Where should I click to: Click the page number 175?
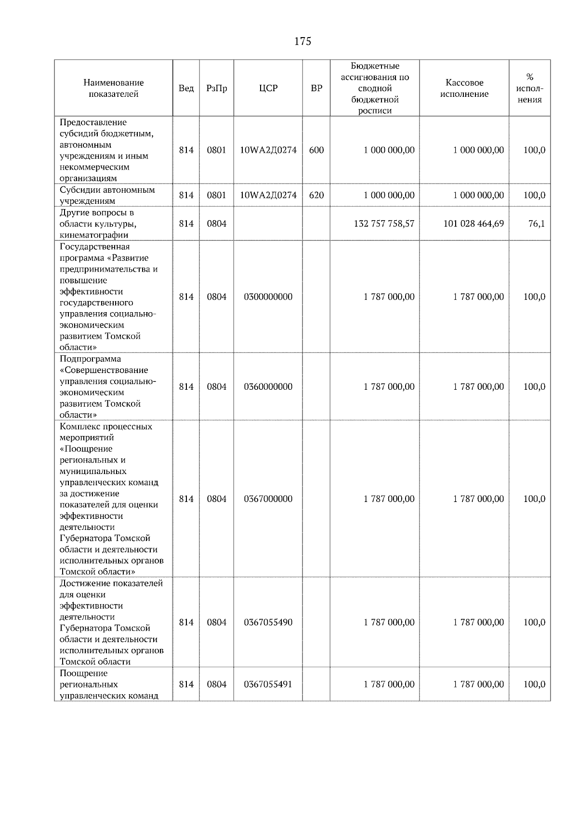(302, 41)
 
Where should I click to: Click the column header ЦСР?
(268, 88)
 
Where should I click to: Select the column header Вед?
(186, 88)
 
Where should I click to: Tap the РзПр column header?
(216, 88)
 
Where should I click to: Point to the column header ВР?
(316, 88)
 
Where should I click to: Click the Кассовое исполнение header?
(464, 88)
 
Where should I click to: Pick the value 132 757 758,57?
(384, 224)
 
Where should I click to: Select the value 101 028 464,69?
(473, 224)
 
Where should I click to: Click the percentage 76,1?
(536, 224)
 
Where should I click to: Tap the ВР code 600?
(316, 150)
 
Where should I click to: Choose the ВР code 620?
(316, 195)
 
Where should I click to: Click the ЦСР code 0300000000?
(268, 297)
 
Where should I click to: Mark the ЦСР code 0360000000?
(268, 386)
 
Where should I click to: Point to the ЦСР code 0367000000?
(268, 499)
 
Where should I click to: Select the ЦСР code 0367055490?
(268, 622)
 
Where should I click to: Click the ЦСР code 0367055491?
(268, 684)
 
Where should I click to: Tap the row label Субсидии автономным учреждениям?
(107, 195)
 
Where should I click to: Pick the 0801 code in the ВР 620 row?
(216, 195)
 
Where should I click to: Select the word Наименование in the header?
(113, 83)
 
